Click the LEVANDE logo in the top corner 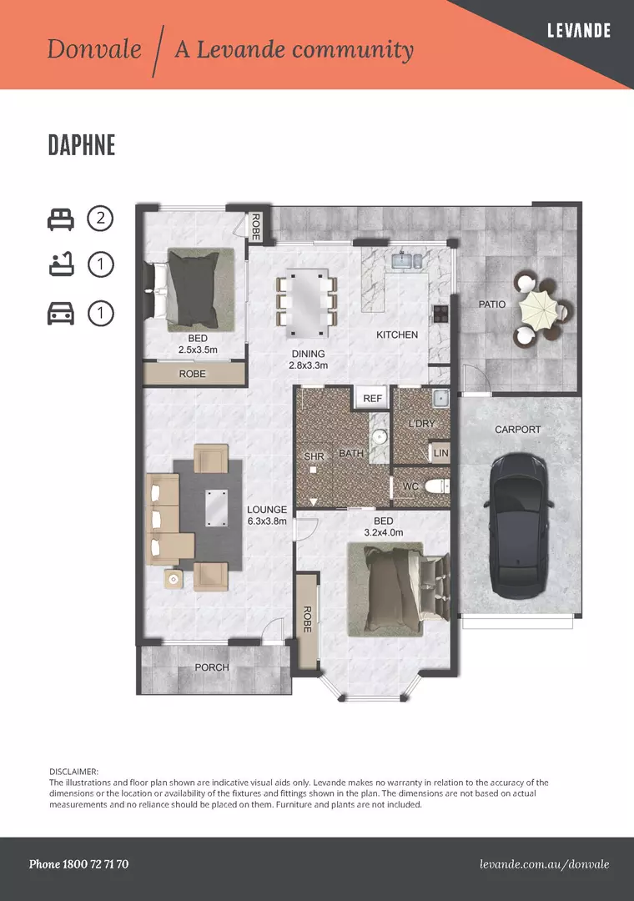tap(579, 31)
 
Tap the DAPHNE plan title tap(82, 145)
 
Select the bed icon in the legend tap(60, 219)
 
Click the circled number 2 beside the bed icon tap(101, 219)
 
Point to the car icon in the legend tap(60, 314)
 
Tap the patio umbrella tap(539, 310)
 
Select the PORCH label tap(212, 667)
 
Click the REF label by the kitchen tap(372, 398)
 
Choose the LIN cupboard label tap(440, 453)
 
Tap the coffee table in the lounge tap(215, 508)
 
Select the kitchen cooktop tap(440, 313)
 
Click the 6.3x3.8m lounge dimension tap(267, 521)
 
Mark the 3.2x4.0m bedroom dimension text tap(384, 532)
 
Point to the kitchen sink tap(406, 261)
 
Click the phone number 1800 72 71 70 tap(95, 864)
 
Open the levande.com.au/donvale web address tap(545, 864)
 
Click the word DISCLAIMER tap(73, 772)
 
